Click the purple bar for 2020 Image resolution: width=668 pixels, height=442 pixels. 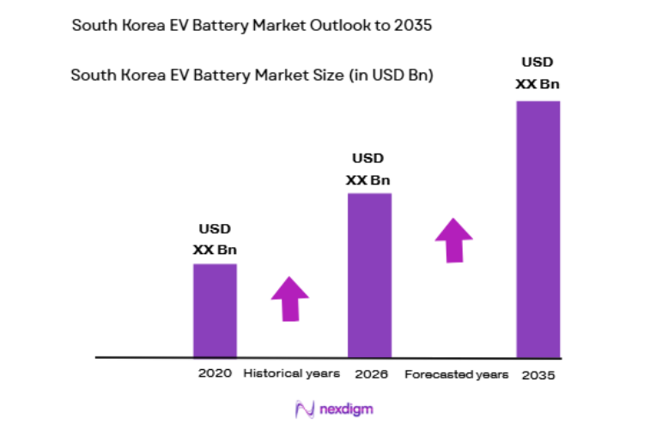(215, 310)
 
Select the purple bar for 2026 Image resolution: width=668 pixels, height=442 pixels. (369, 275)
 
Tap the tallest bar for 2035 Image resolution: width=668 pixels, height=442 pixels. (537, 228)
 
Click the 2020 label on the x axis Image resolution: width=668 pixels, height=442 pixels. (215, 374)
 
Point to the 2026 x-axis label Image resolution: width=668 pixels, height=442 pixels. (371, 374)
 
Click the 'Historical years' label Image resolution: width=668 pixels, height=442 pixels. (292, 374)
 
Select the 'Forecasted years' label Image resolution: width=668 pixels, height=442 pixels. (456, 375)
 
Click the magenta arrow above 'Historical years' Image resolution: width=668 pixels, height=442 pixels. (290, 299)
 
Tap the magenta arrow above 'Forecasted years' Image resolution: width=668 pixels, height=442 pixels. (453, 239)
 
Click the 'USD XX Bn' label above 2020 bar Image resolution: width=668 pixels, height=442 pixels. (215, 239)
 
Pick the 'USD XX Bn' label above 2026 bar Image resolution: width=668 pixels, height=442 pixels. (368, 169)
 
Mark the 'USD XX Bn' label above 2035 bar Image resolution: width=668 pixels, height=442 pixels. (537, 73)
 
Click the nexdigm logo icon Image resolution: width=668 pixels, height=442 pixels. (304, 409)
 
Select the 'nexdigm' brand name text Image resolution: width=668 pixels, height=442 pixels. (347, 410)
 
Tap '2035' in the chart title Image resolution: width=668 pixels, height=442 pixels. (412, 25)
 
